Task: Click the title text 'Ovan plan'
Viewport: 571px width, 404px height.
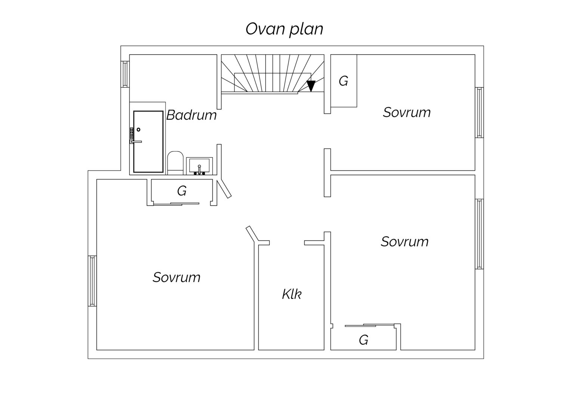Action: tap(284, 29)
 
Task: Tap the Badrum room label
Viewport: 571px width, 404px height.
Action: tap(191, 115)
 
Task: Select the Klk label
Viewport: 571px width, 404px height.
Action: tap(291, 294)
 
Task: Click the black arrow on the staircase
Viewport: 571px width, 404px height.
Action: tap(311, 86)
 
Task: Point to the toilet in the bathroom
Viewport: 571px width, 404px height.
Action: tap(175, 163)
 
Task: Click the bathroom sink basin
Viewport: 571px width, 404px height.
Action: tap(199, 166)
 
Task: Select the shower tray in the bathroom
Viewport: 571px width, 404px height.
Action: tap(148, 142)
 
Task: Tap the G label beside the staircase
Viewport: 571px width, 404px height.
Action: tap(343, 81)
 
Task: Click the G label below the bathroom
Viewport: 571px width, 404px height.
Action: tap(182, 191)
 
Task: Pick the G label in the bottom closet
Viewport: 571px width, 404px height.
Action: tap(364, 340)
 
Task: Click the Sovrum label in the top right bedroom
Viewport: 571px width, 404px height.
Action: tap(407, 112)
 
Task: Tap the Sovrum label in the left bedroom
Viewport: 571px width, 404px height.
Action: tap(176, 277)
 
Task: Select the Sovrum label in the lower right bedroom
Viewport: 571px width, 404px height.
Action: tap(405, 241)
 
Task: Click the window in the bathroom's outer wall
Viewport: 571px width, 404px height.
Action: tap(125, 74)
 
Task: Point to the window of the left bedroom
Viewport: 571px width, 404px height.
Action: tap(92, 281)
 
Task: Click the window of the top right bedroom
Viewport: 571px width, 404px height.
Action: tap(479, 113)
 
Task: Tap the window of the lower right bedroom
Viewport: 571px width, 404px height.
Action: tap(479, 234)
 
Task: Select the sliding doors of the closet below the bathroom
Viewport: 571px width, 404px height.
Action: tap(176, 204)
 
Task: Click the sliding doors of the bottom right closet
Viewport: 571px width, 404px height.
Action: tap(370, 325)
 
